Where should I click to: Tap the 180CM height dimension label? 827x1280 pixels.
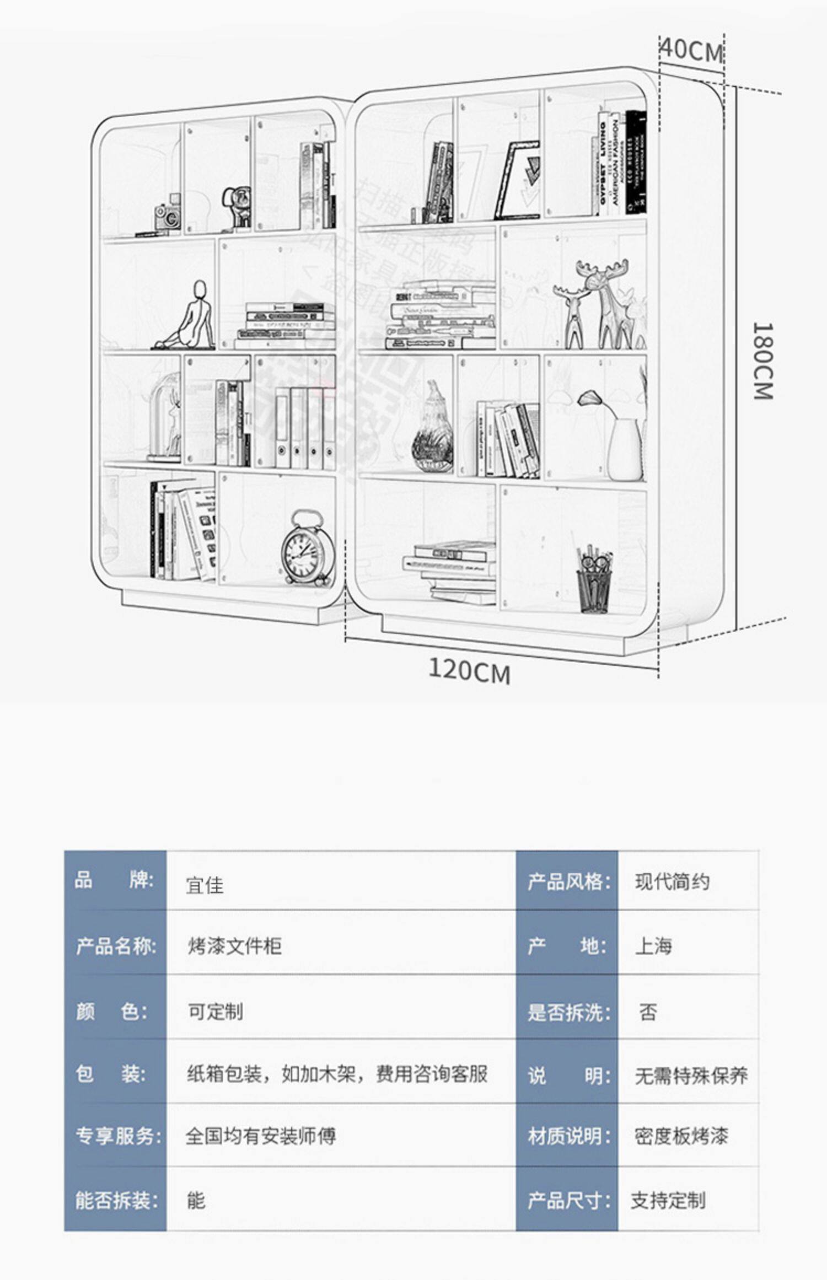point(764,361)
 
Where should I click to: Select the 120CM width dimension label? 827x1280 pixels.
point(469,670)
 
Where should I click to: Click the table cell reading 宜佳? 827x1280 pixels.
point(205,885)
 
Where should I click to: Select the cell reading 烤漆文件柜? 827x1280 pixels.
point(235,946)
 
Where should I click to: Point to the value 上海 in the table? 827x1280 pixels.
point(653,946)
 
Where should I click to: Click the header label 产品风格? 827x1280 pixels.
point(568,881)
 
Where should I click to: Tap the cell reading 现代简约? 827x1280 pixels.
point(672,881)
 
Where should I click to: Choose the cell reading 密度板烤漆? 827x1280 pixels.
point(681,1136)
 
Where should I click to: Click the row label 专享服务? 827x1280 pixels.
point(117,1136)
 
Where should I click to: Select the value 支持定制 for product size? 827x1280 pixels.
point(668,1201)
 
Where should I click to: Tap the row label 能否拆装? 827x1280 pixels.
point(116,1201)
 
